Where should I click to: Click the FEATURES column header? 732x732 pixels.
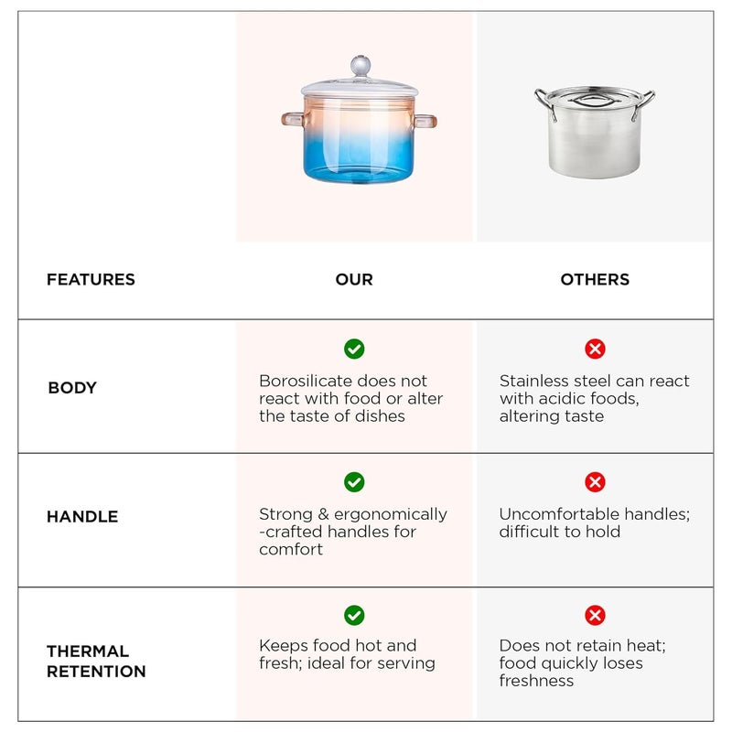pos(91,280)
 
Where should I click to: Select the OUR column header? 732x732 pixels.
pos(354,280)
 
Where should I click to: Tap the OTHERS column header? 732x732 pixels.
pos(595,280)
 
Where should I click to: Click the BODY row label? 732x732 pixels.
pos(72,388)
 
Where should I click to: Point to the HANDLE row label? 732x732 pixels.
pos(82,517)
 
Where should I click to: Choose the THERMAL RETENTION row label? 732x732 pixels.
pos(96,662)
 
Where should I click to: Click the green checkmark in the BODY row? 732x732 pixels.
pos(354,349)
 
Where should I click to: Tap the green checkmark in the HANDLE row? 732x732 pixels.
pos(354,482)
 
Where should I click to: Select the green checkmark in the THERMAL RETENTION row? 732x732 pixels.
pos(354,615)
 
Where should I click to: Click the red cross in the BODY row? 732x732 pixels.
pos(595,349)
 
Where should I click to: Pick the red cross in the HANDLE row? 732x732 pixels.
pos(595,482)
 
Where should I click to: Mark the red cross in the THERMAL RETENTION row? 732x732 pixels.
pos(595,615)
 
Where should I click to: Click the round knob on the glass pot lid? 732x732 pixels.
pos(360,66)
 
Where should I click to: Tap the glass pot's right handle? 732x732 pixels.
pos(425,121)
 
